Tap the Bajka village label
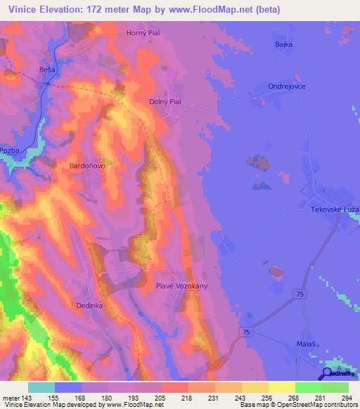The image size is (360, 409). [282, 44]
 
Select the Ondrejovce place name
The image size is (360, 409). [286, 86]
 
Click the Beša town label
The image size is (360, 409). [46, 71]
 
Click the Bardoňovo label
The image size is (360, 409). [87, 167]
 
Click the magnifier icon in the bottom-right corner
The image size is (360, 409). [328, 374]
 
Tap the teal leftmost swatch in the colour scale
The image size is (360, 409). [41, 387]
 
